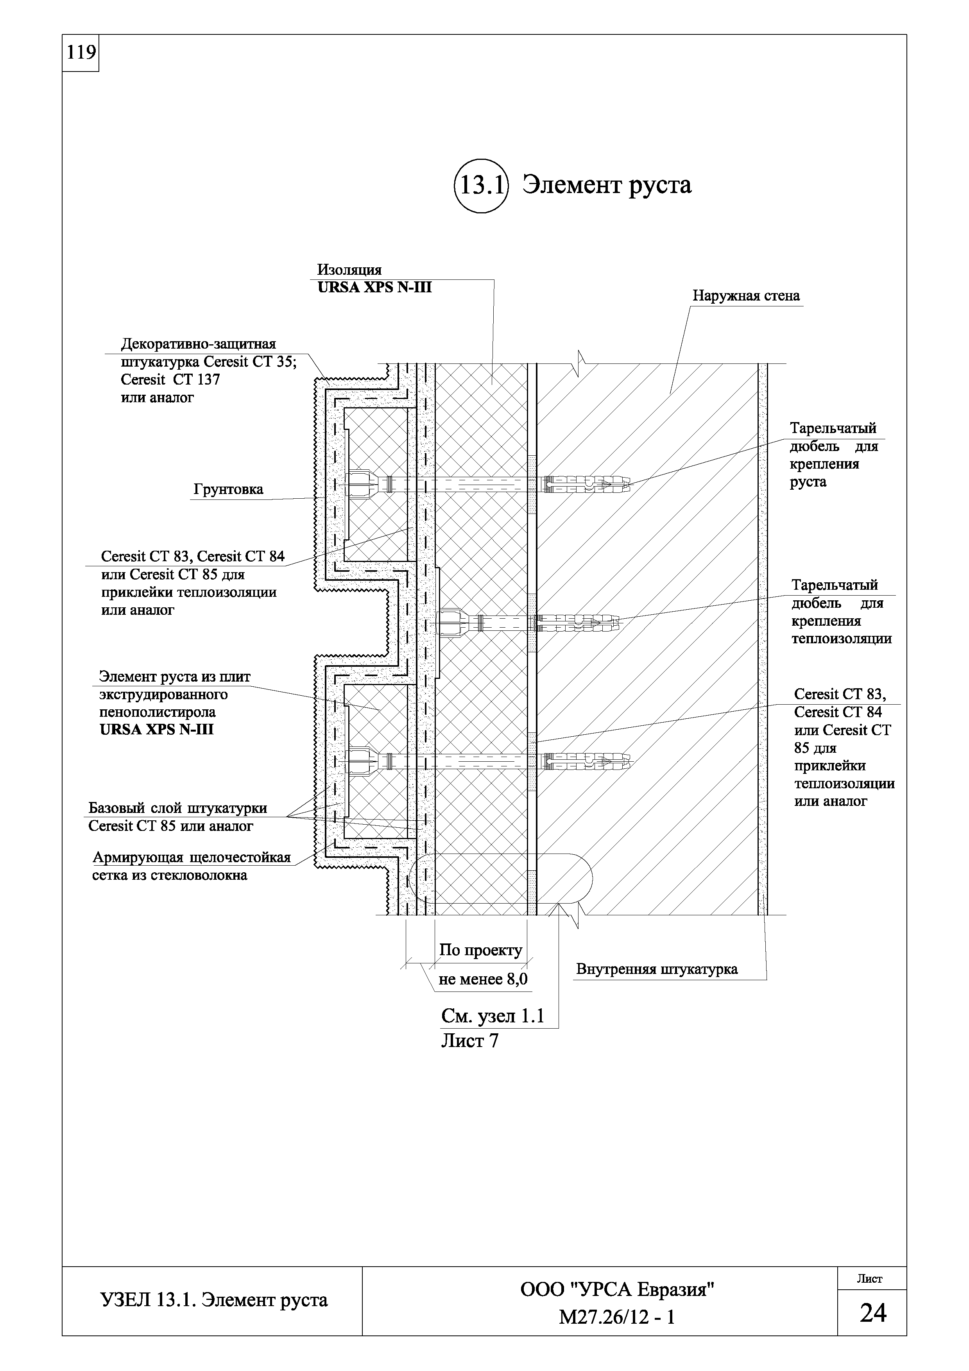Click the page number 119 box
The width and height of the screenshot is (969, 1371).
(x=81, y=53)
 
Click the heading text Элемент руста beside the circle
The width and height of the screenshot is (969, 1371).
(x=607, y=185)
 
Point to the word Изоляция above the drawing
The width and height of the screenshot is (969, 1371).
(x=349, y=270)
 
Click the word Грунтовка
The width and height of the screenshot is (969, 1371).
(x=228, y=490)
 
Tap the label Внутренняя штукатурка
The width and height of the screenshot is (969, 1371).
(x=657, y=969)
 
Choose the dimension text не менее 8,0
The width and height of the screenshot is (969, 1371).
(x=483, y=979)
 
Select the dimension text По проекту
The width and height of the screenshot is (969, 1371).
(x=481, y=950)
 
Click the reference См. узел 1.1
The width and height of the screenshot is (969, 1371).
(x=493, y=1016)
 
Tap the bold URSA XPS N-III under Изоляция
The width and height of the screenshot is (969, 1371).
(x=374, y=288)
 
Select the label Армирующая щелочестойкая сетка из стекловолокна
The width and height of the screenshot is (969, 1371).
(x=191, y=866)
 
